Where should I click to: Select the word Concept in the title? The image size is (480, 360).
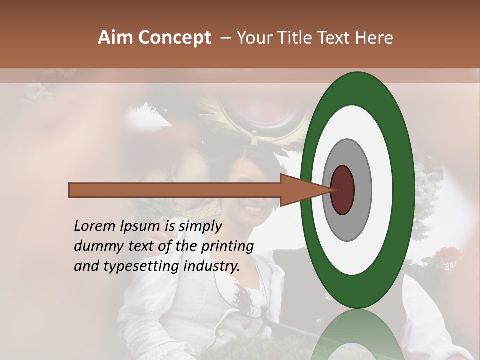(x=174, y=38)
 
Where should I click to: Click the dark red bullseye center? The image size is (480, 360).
(x=342, y=190)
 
